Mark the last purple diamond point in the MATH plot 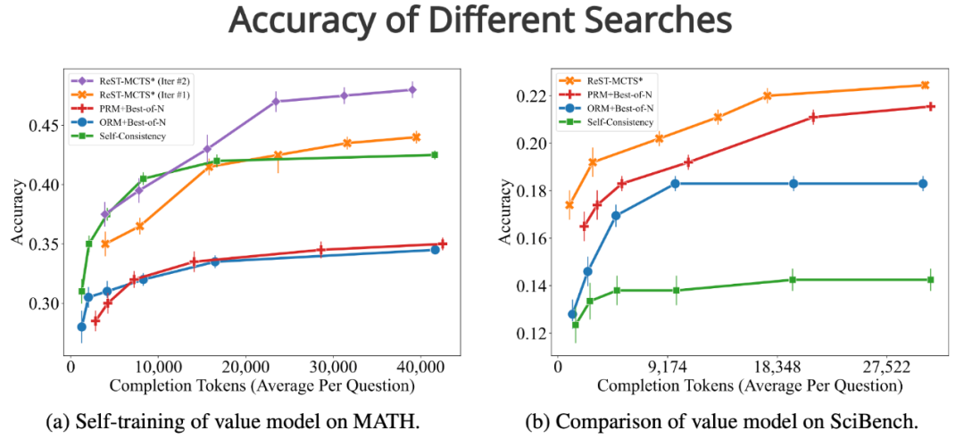coord(411,89)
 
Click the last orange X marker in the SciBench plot coord(924,85)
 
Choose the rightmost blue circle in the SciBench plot coord(923,184)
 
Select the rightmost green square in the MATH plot coord(435,154)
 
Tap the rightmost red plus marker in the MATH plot coord(443,244)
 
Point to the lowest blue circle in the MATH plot coord(81,327)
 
